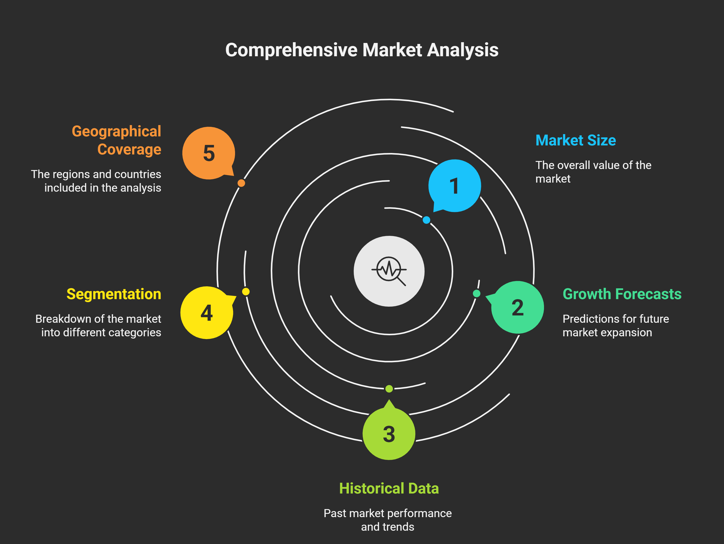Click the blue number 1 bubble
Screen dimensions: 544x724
click(x=455, y=185)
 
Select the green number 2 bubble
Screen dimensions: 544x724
click(x=517, y=307)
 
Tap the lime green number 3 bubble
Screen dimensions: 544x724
click(x=389, y=433)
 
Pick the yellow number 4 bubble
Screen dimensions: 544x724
click(x=207, y=312)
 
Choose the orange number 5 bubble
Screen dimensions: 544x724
click(x=209, y=153)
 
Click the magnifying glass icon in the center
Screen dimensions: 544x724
click(x=389, y=271)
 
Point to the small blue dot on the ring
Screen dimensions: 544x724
click(x=426, y=220)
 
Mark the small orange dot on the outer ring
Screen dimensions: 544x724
click(x=241, y=183)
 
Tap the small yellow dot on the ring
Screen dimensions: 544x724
click(x=246, y=292)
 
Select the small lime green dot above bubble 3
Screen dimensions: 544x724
click(x=389, y=389)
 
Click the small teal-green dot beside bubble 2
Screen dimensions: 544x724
click(x=477, y=294)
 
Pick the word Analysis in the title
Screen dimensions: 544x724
click(x=463, y=50)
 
